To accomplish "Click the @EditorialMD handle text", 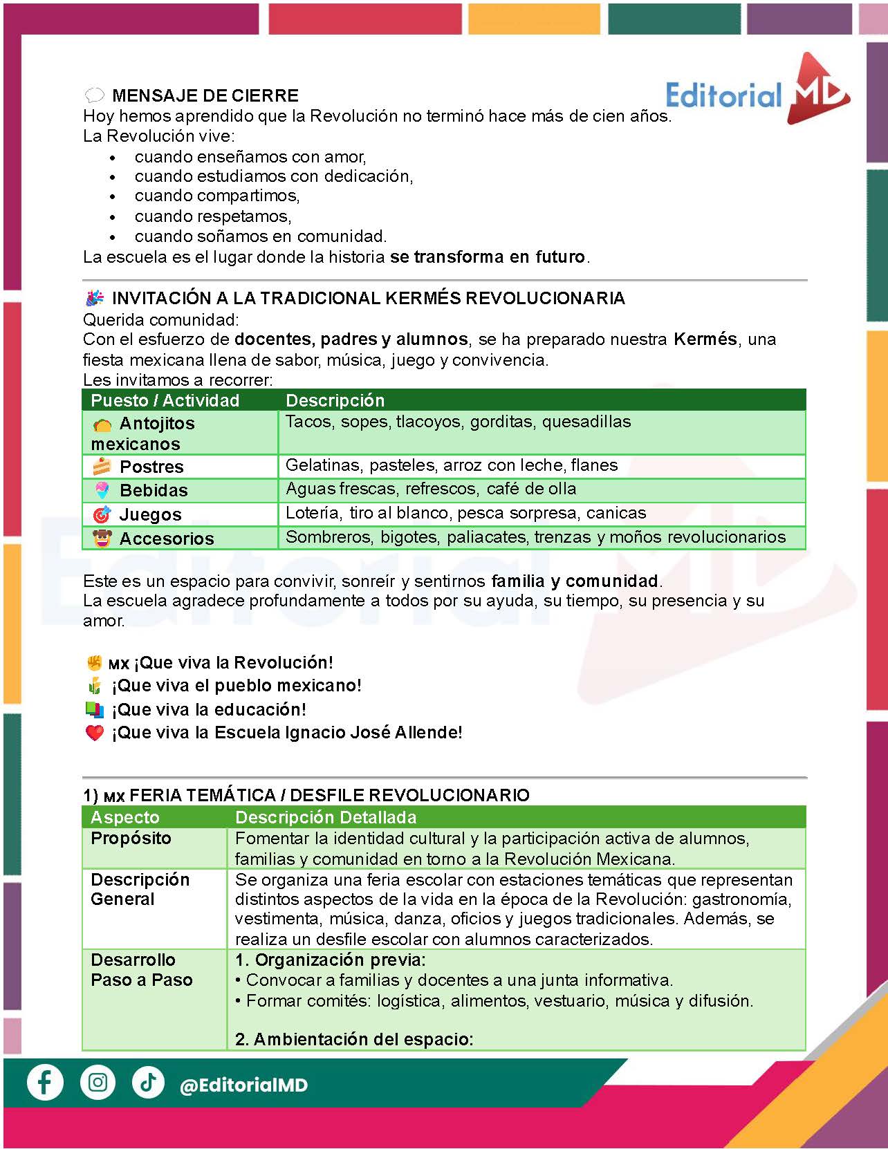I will click(x=243, y=1085).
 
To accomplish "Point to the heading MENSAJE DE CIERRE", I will click(x=205, y=95).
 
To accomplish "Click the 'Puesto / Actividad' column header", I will click(x=165, y=400).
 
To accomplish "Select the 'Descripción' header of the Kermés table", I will click(x=335, y=400).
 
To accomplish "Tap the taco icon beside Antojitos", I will click(x=102, y=424).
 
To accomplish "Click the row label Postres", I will click(x=151, y=467).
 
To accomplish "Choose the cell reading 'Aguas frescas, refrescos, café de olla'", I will click(x=431, y=489).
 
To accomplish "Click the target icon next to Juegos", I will click(x=102, y=514).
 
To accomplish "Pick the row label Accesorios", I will click(x=167, y=539).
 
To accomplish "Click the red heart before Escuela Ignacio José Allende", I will click(x=95, y=733).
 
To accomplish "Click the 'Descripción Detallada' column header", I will click(x=326, y=817).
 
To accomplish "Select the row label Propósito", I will click(x=131, y=838).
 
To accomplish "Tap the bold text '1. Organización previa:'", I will click(x=331, y=960).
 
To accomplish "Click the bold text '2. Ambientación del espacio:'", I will click(x=354, y=1039).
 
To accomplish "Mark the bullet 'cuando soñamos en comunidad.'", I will click(x=261, y=236).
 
